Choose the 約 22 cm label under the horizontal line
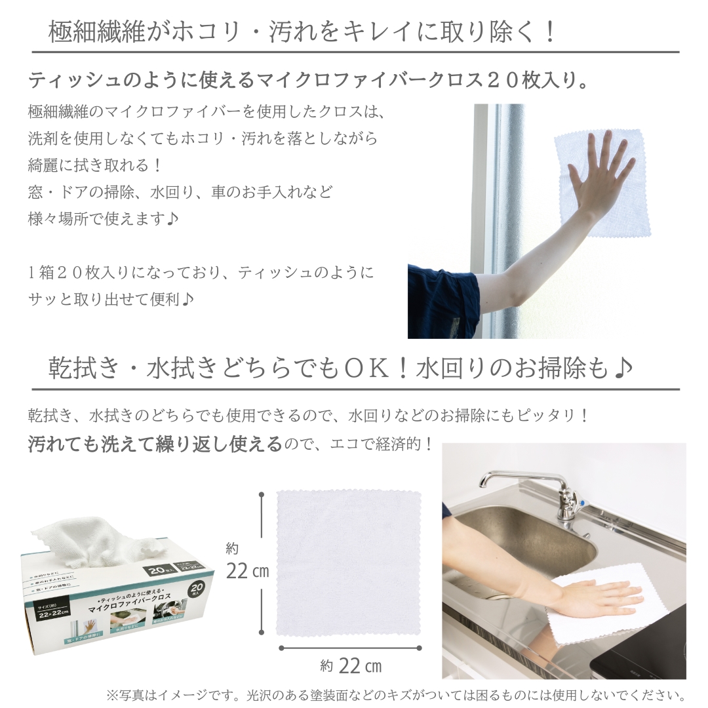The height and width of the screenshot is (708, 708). click(351, 667)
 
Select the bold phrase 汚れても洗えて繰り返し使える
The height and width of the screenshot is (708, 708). click(155, 445)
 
